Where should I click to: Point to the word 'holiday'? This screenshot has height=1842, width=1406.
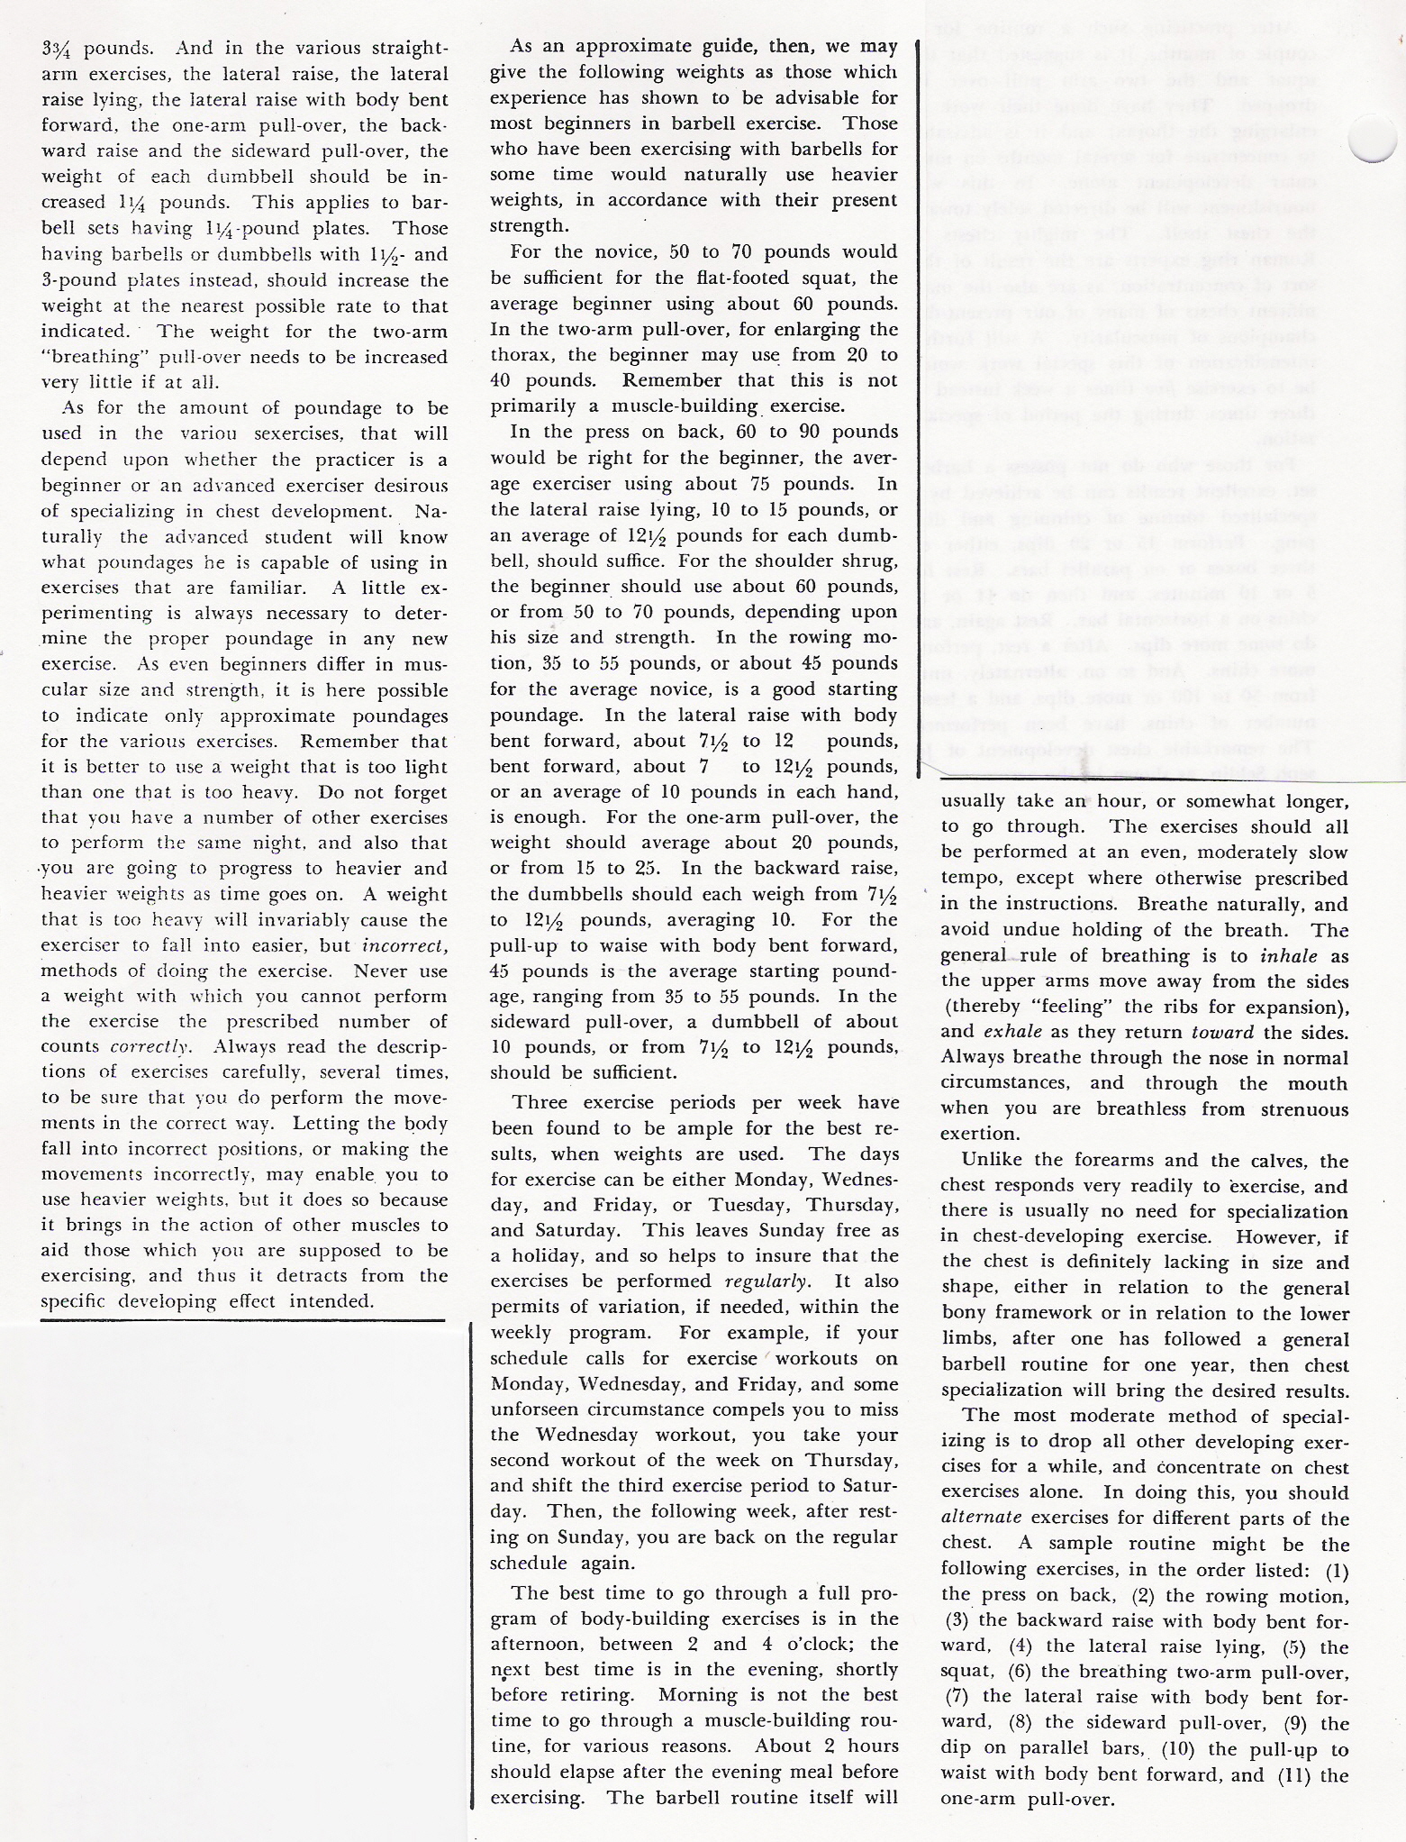546,1256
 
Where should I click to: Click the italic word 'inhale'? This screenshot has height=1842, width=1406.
1285,955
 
